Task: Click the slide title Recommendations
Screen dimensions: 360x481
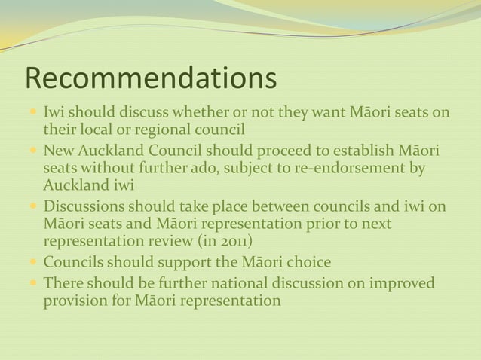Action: (x=151, y=78)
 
